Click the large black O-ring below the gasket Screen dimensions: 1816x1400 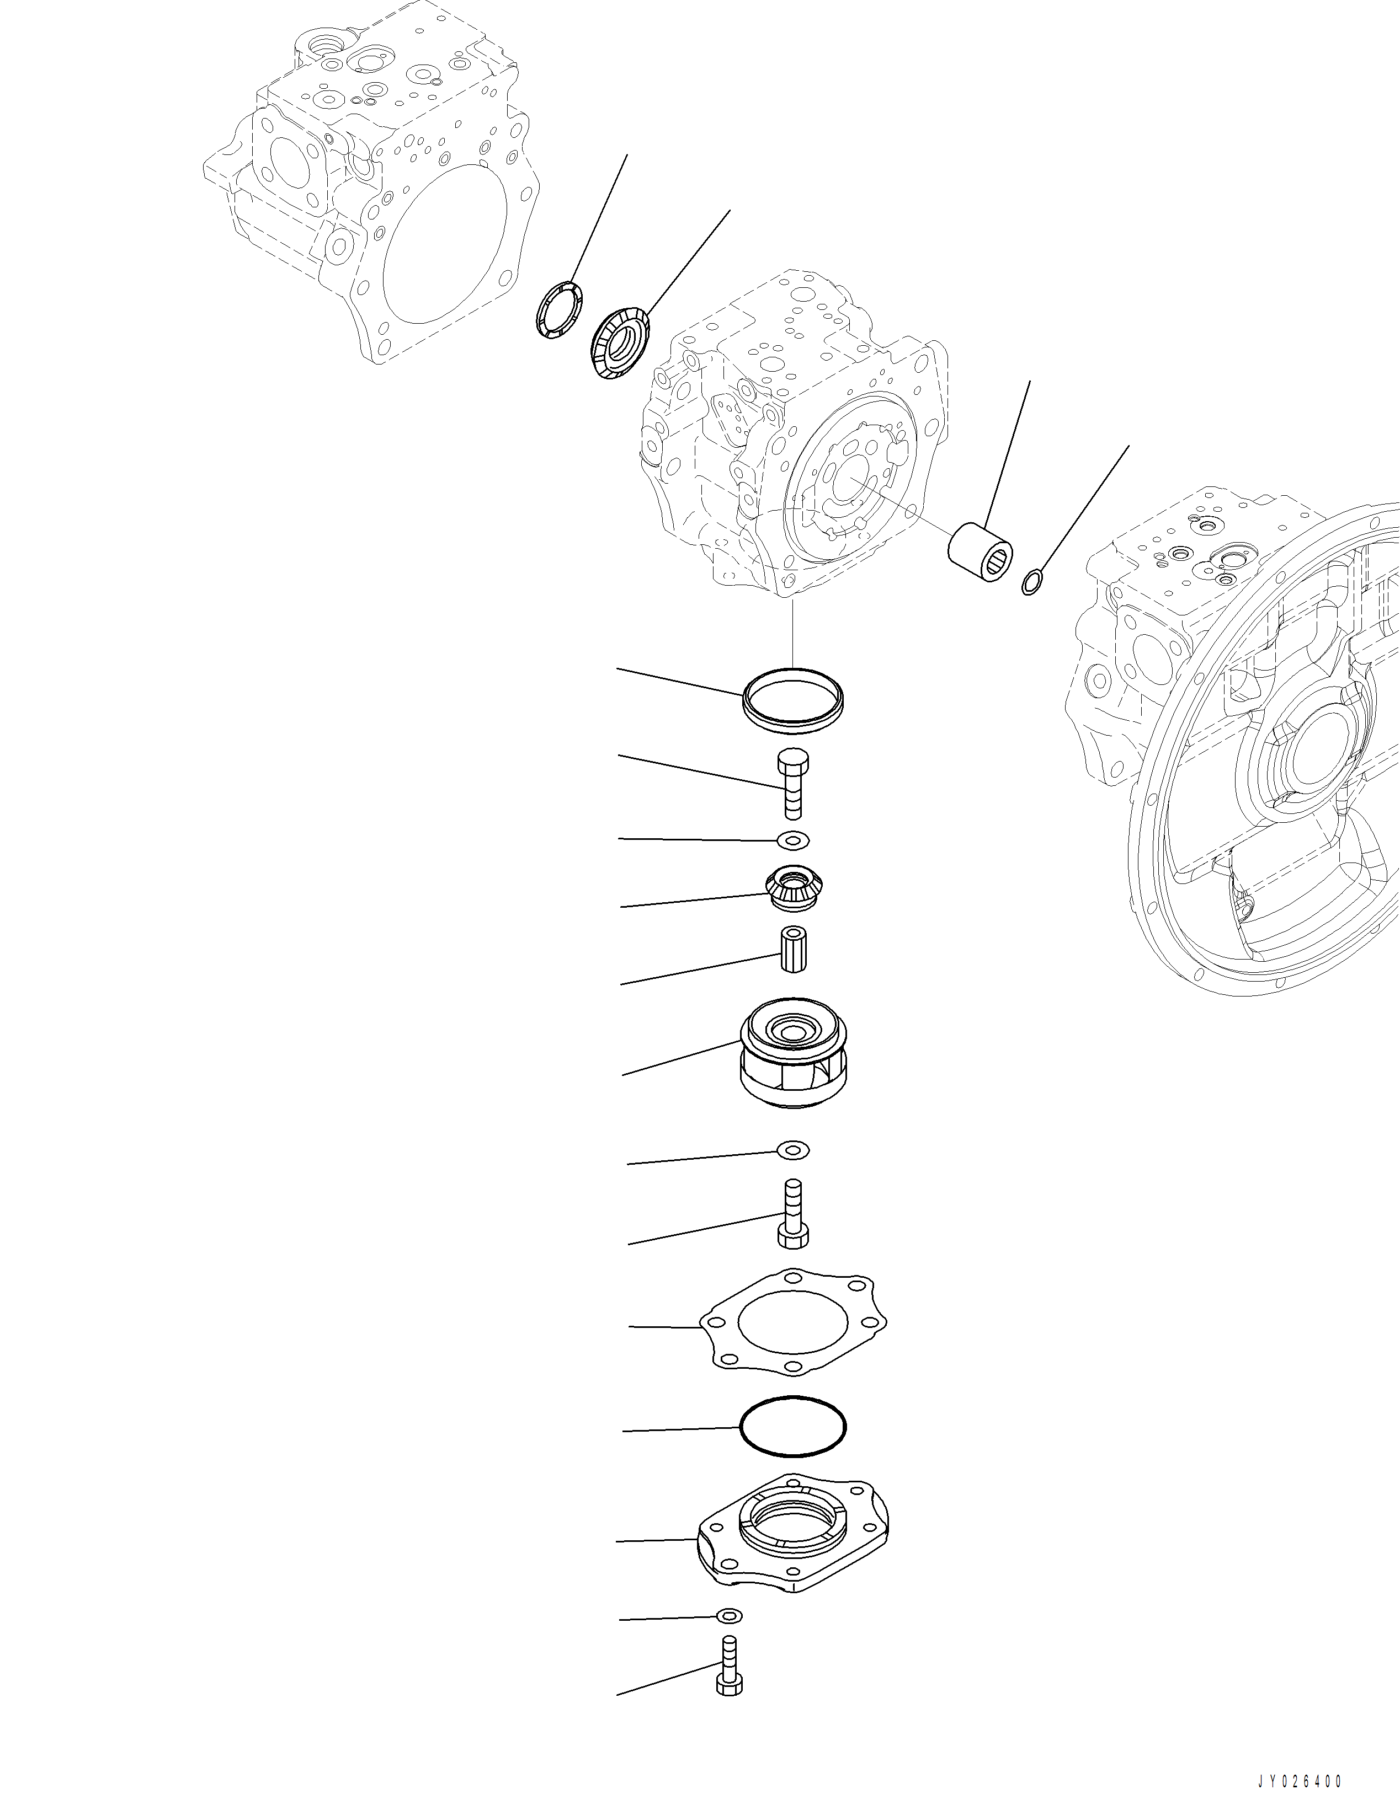[x=793, y=1426]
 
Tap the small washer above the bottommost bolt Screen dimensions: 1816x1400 [x=730, y=1616]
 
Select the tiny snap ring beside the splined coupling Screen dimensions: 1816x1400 [x=1031, y=583]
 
